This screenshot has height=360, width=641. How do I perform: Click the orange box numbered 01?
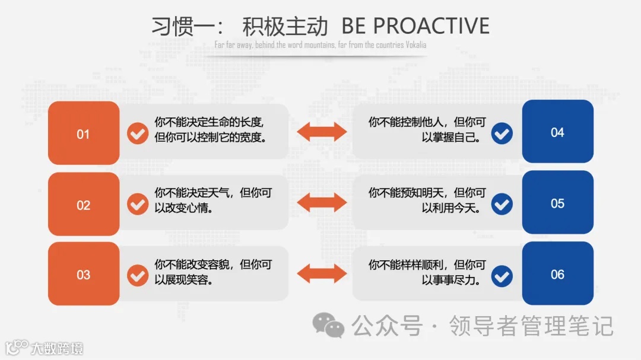coord(83,133)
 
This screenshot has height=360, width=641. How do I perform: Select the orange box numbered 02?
coord(83,205)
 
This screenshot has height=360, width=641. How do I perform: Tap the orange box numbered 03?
coord(83,274)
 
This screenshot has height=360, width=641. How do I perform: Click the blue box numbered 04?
coord(557,132)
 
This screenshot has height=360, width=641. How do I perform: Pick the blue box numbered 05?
coord(557,203)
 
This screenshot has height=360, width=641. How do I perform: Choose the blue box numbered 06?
coord(557,273)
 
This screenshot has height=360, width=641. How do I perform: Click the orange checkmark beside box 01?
coord(138,133)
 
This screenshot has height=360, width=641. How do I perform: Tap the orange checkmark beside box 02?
coord(138,205)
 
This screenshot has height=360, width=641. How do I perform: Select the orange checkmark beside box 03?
coord(138,275)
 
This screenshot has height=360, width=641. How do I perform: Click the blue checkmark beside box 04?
coord(502,133)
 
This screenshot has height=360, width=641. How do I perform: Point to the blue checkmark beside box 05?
coord(502,205)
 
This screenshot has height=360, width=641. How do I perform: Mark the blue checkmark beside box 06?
coord(502,275)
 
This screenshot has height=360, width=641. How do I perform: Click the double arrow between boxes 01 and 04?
coord(321,132)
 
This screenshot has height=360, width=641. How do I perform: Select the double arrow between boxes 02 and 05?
coord(321,203)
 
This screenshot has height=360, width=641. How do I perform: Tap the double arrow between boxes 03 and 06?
coord(321,273)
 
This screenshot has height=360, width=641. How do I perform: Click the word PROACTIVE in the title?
coord(431,26)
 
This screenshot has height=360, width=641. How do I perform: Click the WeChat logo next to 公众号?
coord(328,325)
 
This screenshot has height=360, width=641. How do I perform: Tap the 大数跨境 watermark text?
coord(58,348)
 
